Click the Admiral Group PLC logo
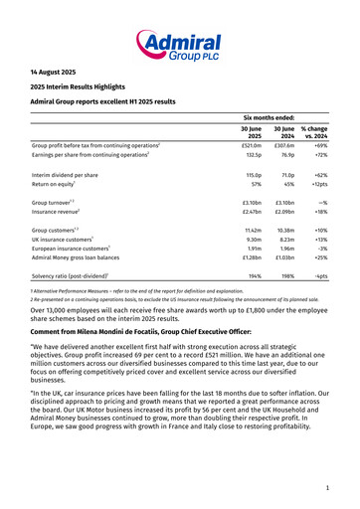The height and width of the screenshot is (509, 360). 179,41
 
